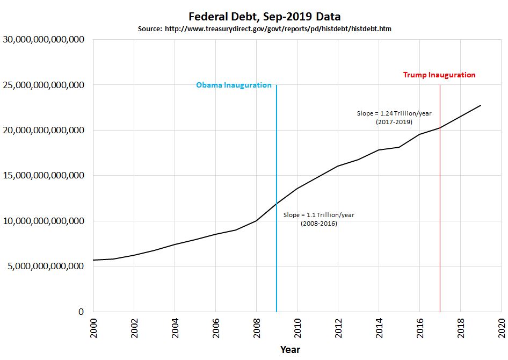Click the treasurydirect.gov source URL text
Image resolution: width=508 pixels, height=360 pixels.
pyautogui.click(x=277, y=28)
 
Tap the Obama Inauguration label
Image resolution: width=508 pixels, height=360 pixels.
pyautogui.click(x=234, y=85)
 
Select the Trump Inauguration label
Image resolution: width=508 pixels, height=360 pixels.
pyautogui.click(x=439, y=75)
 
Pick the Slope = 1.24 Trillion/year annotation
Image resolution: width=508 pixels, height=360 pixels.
pyautogui.click(x=394, y=113)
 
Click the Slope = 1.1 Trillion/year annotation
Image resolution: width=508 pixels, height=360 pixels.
pyautogui.click(x=319, y=215)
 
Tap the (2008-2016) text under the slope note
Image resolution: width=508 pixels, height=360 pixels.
pyautogui.click(x=318, y=224)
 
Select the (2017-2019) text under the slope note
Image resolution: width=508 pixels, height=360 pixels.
pyautogui.click(x=394, y=122)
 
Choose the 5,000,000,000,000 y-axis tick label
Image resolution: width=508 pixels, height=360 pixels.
pyautogui.click(x=46, y=266)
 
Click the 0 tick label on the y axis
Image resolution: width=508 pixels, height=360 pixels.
pyautogui.click(x=81, y=312)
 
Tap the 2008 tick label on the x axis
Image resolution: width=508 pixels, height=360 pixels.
pyautogui.click(x=257, y=327)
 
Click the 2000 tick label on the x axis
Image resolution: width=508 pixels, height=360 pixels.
pyautogui.click(x=94, y=327)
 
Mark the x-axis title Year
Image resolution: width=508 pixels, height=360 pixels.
pyautogui.click(x=290, y=350)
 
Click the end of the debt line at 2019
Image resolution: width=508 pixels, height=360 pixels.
pyautogui.click(x=481, y=105)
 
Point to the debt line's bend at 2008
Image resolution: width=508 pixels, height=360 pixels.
pyautogui.click(x=256, y=220)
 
